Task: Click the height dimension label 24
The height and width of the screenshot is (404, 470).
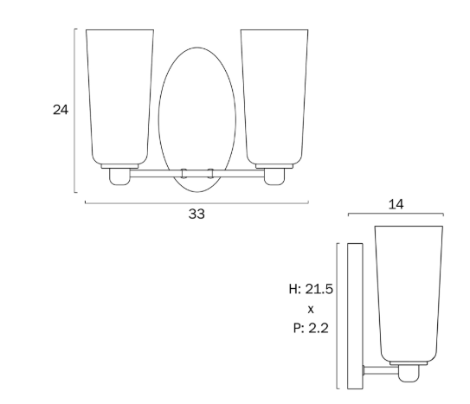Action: coord(61,110)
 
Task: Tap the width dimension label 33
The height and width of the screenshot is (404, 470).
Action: coord(196,214)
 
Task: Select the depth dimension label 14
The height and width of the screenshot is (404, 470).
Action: coord(396,204)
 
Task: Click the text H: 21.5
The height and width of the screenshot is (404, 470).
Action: coord(311,289)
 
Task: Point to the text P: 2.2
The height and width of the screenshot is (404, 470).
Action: coord(311,328)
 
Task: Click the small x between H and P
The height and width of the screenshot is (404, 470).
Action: coord(311,310)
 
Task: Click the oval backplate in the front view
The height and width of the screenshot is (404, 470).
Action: coord(159,119)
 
